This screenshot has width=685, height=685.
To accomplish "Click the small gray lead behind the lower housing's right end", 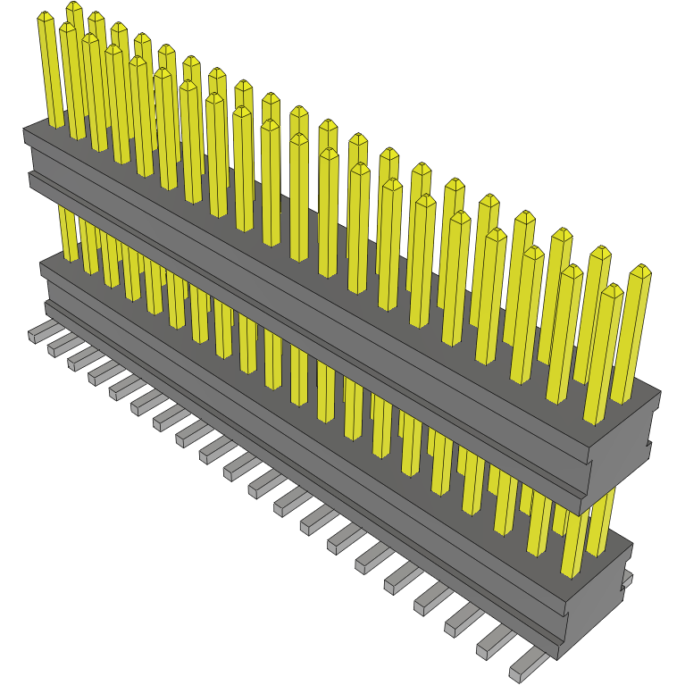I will coord(627,581).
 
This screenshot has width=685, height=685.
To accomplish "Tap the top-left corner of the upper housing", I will coord(25,131).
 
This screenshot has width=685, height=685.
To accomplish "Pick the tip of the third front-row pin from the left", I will coord(90,38).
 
